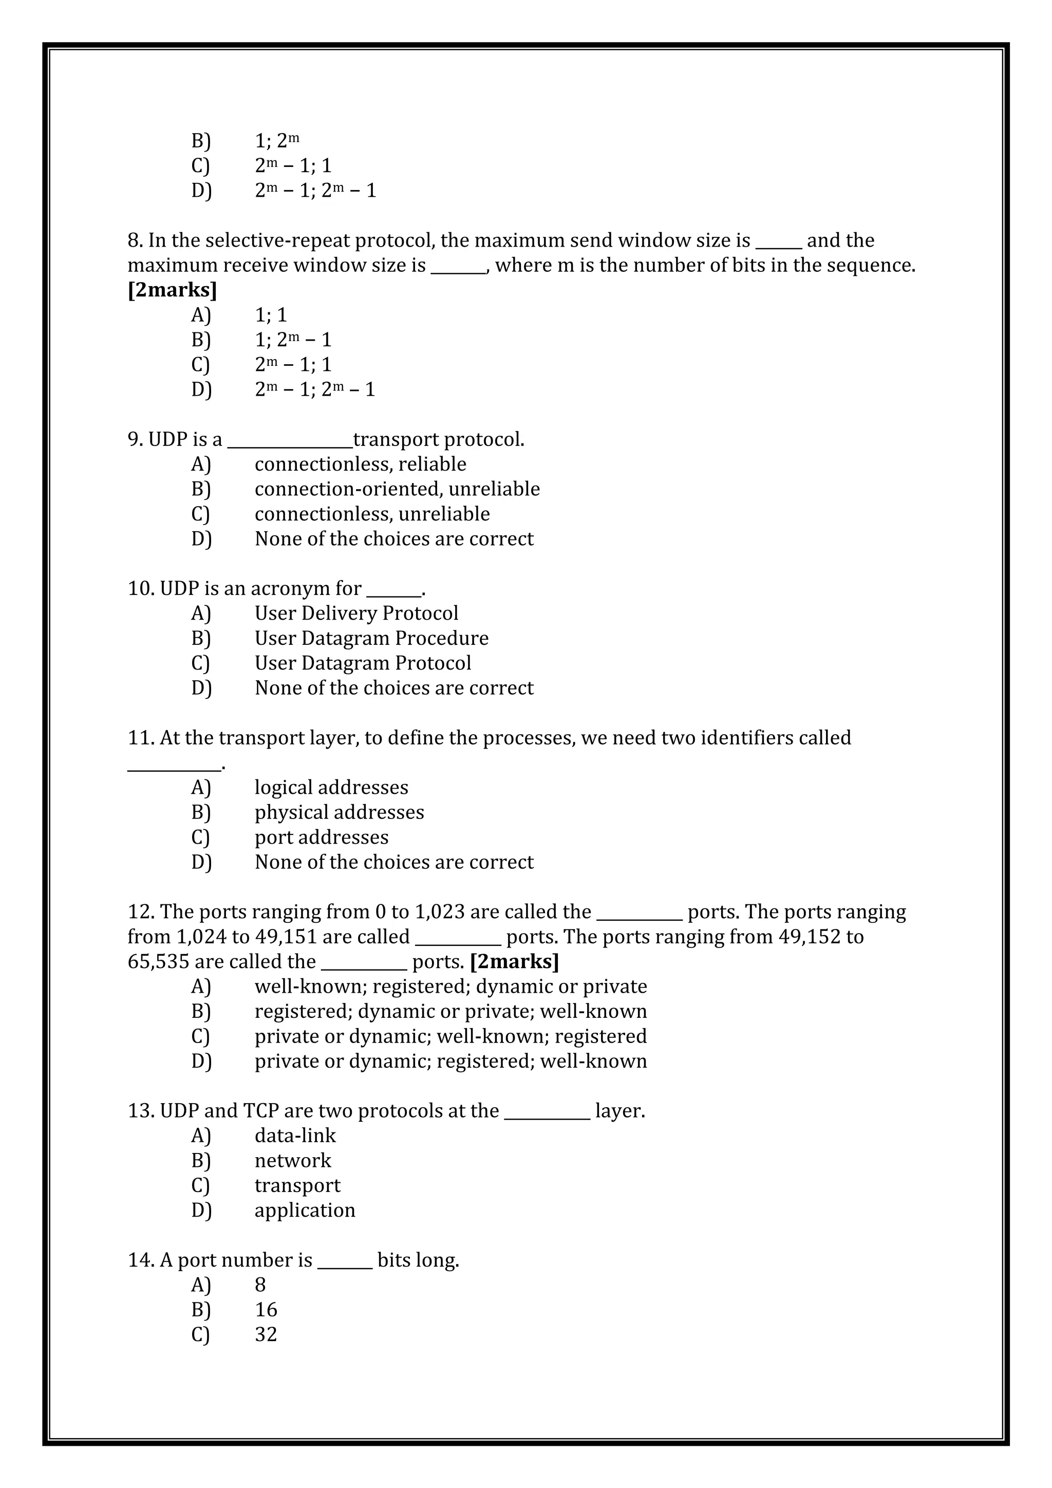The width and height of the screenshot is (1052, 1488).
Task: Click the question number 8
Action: tap(134, 240)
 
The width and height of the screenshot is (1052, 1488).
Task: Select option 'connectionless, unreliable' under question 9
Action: tap(372, 514)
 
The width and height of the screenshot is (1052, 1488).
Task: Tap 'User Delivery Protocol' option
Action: tap(356, 613)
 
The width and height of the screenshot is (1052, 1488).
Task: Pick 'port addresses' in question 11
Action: tap(321, 838)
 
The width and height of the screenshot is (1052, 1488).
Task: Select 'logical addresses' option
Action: tap(331, 788)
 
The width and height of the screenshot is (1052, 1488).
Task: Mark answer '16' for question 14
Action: tap(266, 1310)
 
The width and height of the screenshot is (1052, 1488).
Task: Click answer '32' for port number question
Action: tap(266, 1334)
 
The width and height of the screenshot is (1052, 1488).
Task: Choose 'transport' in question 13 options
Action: tap(297, 1185)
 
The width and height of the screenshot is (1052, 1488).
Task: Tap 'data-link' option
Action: tap(295, 1136)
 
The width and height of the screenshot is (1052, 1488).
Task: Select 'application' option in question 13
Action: tap(305, 1210)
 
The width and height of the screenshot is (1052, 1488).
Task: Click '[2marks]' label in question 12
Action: tap(514, 962)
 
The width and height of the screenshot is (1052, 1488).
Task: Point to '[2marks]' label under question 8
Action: tap(172, 290)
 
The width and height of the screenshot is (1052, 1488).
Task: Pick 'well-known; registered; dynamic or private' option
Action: tap(450, 987)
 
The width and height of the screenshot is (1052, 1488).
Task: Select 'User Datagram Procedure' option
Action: tap(371, 638)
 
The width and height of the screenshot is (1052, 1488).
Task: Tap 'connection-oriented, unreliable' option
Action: tap(397, 489)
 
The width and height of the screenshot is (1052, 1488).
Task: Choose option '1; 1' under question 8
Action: tap(270, 315)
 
